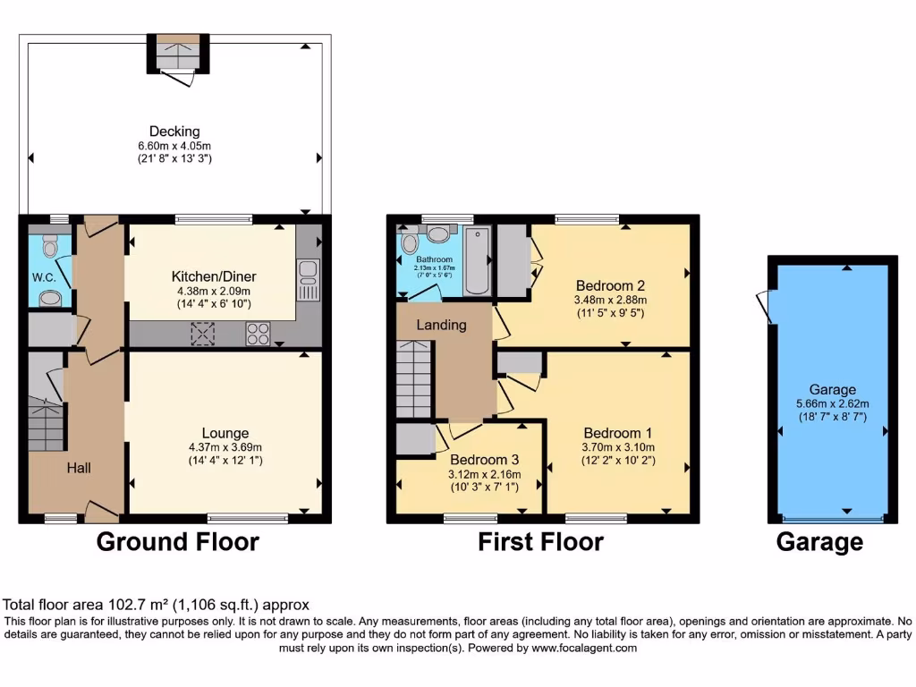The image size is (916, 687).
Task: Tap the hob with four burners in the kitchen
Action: (x=259, y=334)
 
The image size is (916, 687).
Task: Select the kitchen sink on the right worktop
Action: (x=307, y=279)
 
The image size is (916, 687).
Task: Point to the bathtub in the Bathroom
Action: (x=478, y=261)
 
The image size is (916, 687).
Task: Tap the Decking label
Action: (x=174, y=131)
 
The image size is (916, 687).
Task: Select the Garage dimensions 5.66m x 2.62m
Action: (x=833, y=403)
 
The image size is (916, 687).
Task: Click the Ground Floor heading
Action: (x=177, y=541)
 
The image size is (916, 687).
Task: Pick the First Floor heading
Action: (x=540, y=541)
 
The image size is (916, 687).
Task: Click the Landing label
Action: (x=441, y=325)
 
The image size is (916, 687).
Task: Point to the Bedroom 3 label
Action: (x=483, y=460)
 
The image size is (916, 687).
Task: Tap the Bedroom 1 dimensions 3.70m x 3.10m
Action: (x=618, y=447)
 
